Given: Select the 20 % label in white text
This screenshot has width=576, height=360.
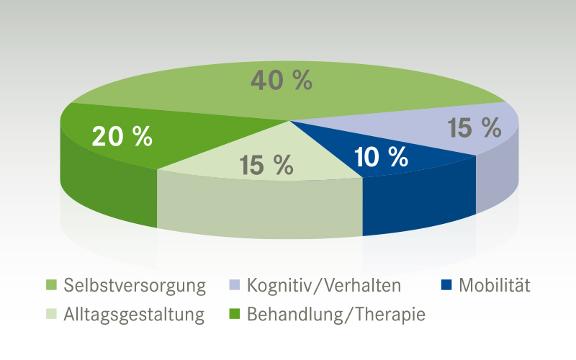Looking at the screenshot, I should point(122,136).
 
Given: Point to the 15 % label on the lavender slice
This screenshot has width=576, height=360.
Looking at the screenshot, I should point(474,128).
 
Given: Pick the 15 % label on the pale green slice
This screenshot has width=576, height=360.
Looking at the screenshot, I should point(266,165).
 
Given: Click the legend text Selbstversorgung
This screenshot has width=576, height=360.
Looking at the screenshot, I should point(135,286).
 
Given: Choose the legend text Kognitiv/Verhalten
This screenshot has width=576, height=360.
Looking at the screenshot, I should point(323,286).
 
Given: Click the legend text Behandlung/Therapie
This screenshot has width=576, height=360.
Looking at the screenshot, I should point(336,315).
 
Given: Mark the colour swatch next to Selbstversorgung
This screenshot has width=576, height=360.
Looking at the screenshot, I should point(50,286).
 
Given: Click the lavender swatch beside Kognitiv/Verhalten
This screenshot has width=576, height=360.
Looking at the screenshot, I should point(234,286).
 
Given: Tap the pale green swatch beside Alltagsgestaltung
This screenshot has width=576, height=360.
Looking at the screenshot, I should point(50,315).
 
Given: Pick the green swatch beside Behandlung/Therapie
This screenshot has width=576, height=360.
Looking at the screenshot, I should point(234,315).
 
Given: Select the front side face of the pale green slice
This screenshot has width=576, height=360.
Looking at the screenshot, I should point(259,209).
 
